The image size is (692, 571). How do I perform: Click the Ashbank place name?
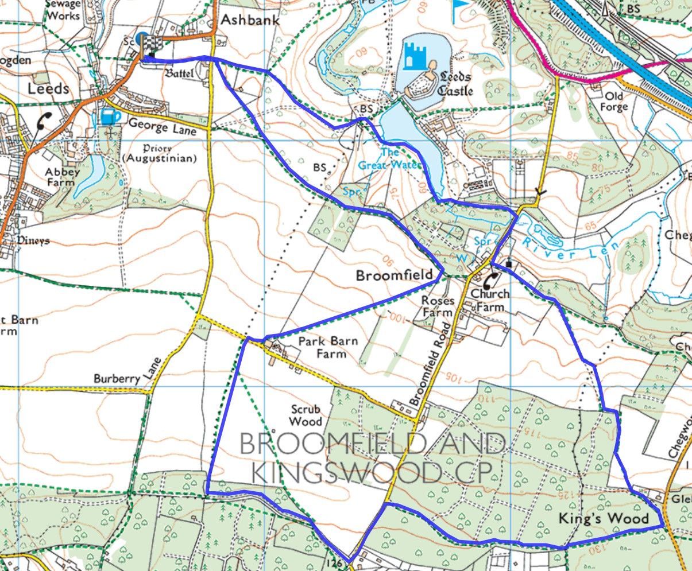coord(250,20)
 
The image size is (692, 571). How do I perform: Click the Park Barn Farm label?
coord(328,347)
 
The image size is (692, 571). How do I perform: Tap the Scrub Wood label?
coord(305,415)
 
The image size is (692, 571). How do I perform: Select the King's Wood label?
coord(604,519)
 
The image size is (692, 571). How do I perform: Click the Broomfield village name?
coord(394,275)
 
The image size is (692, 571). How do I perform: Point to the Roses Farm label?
coord(438,306)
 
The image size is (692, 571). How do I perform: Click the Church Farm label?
coord(490,300)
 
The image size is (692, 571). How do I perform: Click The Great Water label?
coord(389,159)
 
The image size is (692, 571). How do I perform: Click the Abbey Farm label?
coord(60,177)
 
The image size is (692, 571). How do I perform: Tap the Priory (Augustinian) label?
coord(159,153)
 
